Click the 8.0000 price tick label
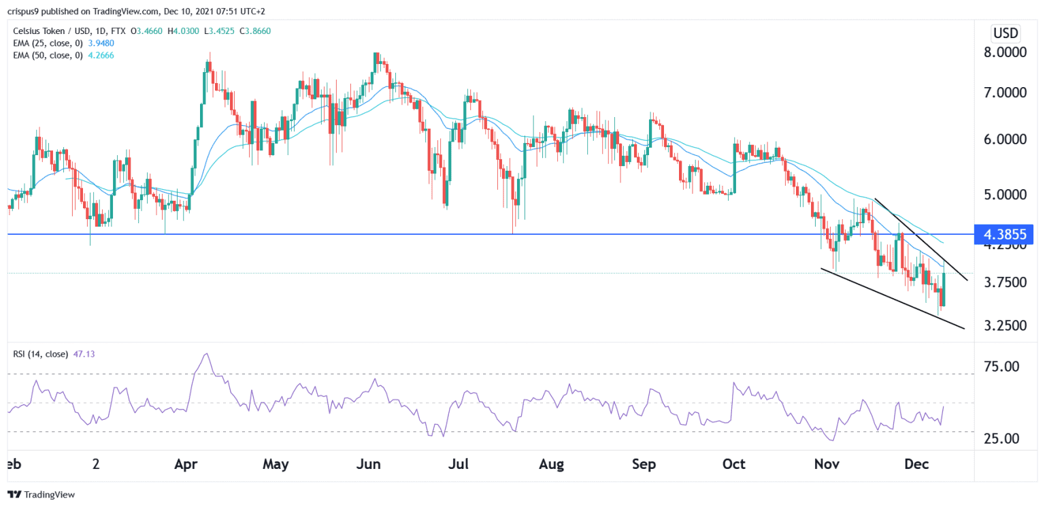coord(1006,53)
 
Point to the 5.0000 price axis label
coord(1006,195)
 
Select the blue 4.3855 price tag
coord(1005,234)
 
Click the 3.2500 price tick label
coord(1006,325)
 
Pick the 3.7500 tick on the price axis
coord(1006,282)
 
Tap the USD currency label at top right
coord(1006,33)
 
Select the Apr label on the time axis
coord(186,465)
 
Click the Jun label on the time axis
coord(368,465)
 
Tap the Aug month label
coord(551,465)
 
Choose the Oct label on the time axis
coord(733,465)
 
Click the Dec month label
coord(916,465)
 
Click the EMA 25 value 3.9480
coord(95,43)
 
